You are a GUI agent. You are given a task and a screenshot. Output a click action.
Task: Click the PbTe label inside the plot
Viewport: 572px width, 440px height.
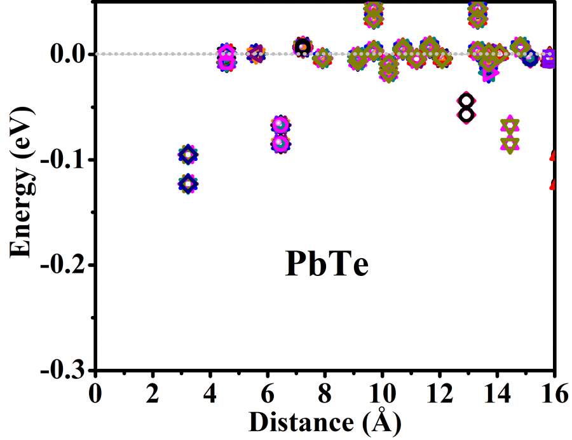327,265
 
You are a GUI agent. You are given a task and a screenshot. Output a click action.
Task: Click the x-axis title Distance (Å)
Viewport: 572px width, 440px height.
325,423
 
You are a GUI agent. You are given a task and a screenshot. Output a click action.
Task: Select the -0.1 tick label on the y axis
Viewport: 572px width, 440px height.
63,160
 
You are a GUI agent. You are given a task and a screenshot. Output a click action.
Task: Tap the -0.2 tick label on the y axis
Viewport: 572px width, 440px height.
63,265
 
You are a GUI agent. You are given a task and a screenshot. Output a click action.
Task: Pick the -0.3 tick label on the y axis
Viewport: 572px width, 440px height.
63,370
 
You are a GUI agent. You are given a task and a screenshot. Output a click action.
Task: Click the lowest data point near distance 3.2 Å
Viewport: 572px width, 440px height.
187,184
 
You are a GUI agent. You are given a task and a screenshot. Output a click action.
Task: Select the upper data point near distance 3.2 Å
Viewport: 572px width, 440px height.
187,155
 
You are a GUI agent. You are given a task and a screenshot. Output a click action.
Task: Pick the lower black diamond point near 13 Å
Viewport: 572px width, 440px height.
466,114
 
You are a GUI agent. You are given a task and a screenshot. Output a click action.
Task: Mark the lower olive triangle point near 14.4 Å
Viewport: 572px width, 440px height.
510,144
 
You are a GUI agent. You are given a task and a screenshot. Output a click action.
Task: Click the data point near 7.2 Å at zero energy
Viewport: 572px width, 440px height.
303,46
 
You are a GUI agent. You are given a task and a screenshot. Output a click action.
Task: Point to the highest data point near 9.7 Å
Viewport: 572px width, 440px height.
374,9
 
